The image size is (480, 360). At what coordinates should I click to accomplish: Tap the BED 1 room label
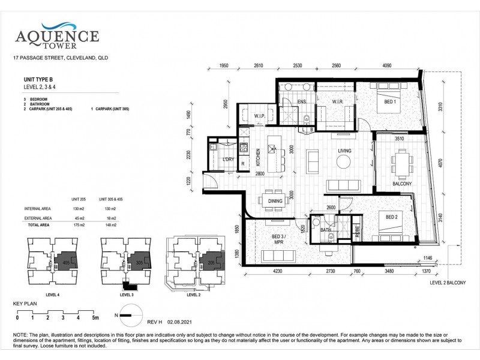pyautogui.click(x=391, y=103)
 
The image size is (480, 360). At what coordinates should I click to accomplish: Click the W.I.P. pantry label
pyautogui.click(x=260, y=116)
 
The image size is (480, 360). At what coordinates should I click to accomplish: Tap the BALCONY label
pyautogui.click(x=401, y=184)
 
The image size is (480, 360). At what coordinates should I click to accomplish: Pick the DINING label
pyautogui.click(x=275, y=202)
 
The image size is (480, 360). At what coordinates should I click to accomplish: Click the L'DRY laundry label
pyautogui.click(x=228, y=159)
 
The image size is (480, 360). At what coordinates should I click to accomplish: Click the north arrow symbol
pyautogui.click(x=131, y=311)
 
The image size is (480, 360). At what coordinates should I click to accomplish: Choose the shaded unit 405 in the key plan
pyautogui.click(x=65, y=262)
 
